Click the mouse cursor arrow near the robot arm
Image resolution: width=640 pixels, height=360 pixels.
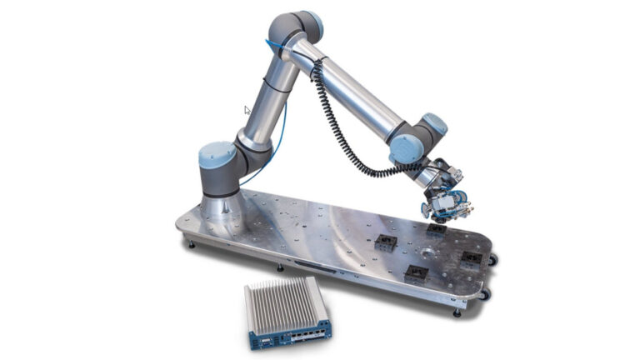[247, 110]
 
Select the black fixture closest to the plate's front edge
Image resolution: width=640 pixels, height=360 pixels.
[416, 273]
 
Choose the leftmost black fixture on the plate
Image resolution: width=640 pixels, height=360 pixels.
[385, 243]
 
